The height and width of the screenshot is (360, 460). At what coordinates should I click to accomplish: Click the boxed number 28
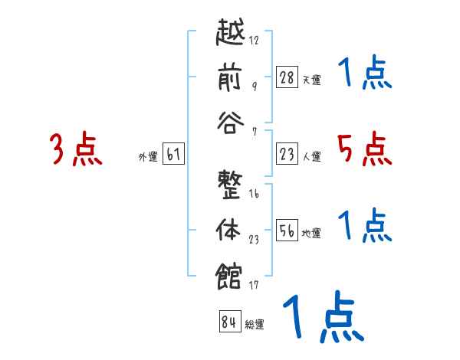(287, 77)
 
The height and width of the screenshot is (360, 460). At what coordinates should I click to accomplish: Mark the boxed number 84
(228, 322)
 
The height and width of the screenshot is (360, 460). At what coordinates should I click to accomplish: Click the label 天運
(311, 79)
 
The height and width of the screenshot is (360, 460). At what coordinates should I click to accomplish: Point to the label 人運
(311, 156)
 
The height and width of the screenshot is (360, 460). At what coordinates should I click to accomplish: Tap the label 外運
(147, 156)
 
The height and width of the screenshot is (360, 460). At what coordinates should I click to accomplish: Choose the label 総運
(255, 324)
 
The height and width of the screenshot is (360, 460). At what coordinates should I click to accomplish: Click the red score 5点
(364, 149)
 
